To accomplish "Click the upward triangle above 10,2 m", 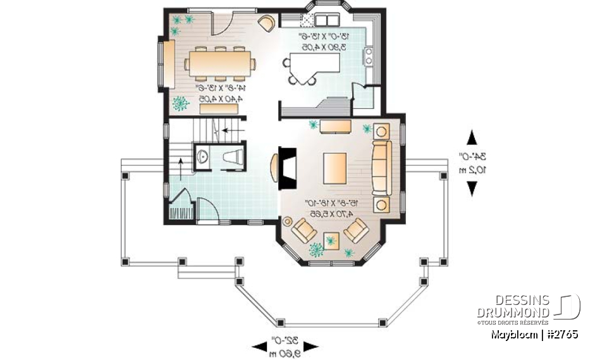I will (472, 137).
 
